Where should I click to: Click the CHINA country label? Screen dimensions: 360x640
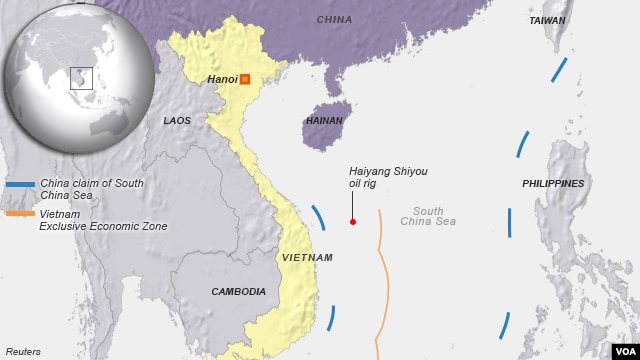click(x=334, y=20)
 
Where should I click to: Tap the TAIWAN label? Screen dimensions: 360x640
click(x=547, y=20)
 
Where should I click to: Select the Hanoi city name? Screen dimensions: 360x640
click(x=221, y=79)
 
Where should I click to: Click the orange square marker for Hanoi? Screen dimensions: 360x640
click(x=244, y=79)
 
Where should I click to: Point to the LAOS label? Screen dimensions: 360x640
click(x=176, y=121)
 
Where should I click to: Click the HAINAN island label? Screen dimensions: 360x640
click(x=322, y=121)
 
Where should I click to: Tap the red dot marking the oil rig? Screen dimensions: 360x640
click(x=352, y=222)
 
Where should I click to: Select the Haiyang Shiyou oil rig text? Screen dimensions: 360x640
click(x=387, y=178)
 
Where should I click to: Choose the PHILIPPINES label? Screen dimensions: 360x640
click(x=553, y=184)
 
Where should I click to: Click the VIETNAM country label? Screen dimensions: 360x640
click(x=307, y=258)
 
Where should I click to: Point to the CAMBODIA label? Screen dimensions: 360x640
click(x=238, y=292)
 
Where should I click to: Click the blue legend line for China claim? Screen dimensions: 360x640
click(x=20, y=184)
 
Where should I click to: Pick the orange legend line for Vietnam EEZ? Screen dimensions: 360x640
click(x=20, y=214)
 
